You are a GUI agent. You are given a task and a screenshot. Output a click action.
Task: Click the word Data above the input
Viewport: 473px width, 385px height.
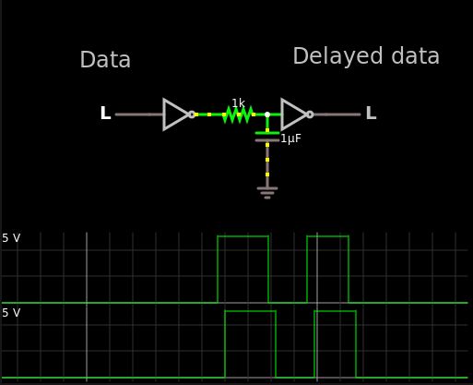tap(105, 61)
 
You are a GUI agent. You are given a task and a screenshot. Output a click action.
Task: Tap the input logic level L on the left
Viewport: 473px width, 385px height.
tap(105, 114)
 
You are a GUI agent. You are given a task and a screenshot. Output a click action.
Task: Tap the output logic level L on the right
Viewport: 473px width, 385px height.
tap(371, 114)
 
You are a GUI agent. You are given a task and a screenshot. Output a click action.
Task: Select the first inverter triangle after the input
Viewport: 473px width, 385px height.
tap(175, 114)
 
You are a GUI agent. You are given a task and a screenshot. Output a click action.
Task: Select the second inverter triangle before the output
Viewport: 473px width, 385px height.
tap(293, 114)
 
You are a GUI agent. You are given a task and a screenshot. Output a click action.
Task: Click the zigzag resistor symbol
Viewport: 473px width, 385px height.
tap(238, 114)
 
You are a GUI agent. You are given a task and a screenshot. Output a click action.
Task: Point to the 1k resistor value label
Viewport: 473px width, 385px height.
tap(238, 102)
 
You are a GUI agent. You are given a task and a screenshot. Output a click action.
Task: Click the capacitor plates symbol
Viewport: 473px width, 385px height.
tap(267, 137)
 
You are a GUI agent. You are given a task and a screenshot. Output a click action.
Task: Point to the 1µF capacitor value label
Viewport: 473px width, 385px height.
tap(290, 138)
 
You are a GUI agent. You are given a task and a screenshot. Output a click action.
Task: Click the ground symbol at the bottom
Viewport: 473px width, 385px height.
tap(267, 193)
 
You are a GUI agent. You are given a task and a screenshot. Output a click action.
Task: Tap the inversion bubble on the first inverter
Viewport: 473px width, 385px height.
tap(192, 114)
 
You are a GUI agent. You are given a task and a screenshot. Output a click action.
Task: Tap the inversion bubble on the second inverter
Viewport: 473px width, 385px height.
tap(310, 114)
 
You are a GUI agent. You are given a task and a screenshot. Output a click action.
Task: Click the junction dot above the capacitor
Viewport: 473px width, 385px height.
tap(267, 114)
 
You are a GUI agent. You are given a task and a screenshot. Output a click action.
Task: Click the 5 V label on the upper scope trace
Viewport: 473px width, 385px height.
tap(11, 238)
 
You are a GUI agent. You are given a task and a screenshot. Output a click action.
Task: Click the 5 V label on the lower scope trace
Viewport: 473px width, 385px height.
tap(11, 314)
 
